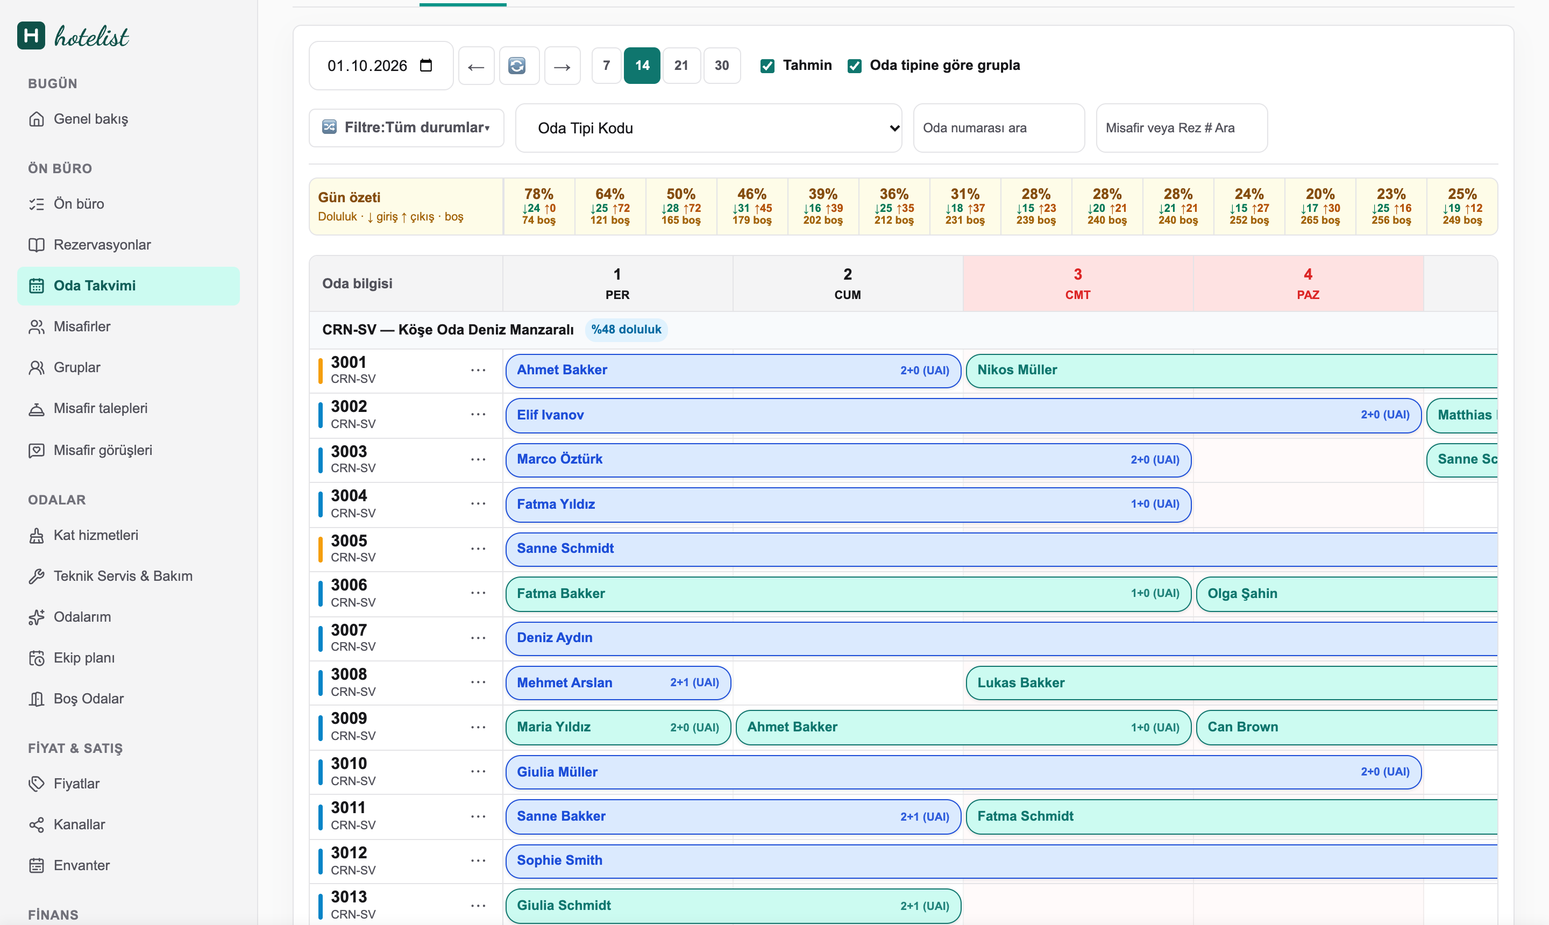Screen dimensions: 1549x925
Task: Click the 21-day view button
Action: click(x=681, y=66)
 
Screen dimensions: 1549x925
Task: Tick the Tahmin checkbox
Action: click(x=768, y=66)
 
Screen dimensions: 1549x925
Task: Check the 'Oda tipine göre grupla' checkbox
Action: click(x=855, y=66)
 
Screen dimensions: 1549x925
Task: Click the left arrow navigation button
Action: click(x=476, y=66)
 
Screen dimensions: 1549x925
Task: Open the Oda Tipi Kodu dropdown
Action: click(x=709, y=128)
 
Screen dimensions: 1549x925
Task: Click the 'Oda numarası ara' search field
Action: click(x=999, y=128)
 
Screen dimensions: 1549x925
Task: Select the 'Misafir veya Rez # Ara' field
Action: click(x=1181, y=128)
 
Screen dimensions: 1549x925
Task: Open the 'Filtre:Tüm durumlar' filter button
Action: click(x=407, y=127)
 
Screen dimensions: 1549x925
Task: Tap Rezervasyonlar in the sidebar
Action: click(x=102, y=245)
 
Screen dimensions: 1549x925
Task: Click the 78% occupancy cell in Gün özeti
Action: click(x=538, y=207)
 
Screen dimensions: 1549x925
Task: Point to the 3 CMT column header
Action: click(x=1078, y=283)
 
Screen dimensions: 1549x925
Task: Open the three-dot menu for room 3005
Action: click(x=478, y=549)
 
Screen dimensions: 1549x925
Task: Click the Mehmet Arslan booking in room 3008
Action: click(x=618, y=682)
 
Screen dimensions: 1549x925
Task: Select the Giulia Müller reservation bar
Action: click(x=963, y=772)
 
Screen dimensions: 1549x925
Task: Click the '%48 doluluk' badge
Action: click(x=626, y=330)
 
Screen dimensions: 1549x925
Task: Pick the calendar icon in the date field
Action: click(x=427, y=66)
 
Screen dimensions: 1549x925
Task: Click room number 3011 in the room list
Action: click(x=348, y=808)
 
